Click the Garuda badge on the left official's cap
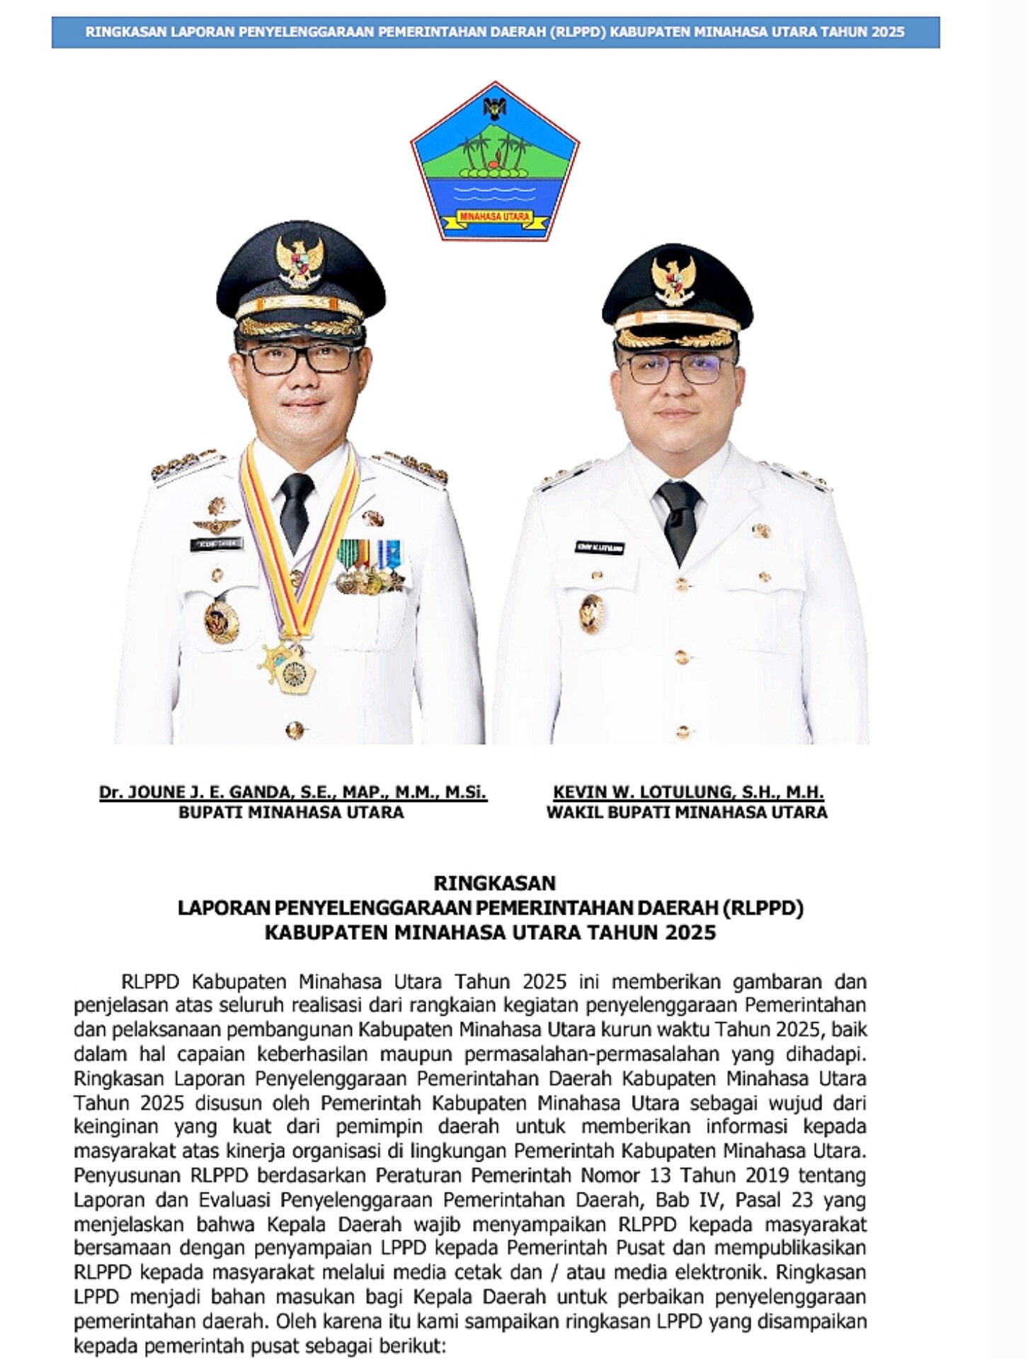[300, 260]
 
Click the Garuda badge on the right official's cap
[673, 280]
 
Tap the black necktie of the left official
[296, 511]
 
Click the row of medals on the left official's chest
[369, 566]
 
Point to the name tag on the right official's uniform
[599, 548]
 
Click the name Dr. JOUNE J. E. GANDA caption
[292, 792]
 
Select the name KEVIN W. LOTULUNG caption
[688, 792]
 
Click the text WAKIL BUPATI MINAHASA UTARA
[686, 812]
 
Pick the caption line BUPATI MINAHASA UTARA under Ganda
[291, 812]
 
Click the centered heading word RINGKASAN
[494, 883]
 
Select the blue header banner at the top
[495, 33]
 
